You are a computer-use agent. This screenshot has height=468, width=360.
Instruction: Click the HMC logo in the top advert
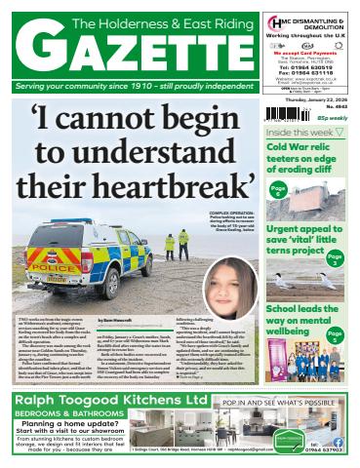click(276, 20)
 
